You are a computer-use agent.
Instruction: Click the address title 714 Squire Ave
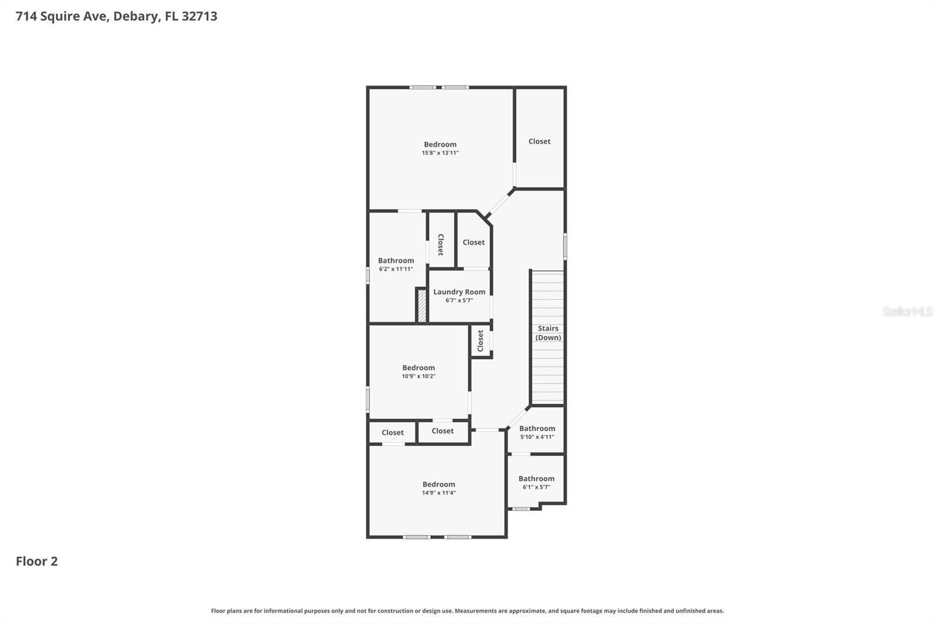pos(116,16)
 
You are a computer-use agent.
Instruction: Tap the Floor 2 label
pos(37,561)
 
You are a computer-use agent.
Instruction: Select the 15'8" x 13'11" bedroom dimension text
pos(440,153)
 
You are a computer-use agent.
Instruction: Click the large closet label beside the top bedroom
pos(539,141)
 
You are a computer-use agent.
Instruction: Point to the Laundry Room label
pos(459,292)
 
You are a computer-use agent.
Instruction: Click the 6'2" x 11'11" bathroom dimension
pos(396,269)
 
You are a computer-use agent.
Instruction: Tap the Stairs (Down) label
pos(548,333)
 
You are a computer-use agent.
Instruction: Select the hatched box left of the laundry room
pos(421,304)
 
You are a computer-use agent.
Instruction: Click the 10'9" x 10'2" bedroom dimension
pos(418,376)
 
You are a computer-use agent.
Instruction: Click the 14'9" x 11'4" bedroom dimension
pos(439,493)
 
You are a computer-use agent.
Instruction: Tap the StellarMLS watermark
pos(907,311)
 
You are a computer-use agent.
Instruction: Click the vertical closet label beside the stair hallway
pos(480,341)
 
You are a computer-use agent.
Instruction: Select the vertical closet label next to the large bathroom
pos(441,245)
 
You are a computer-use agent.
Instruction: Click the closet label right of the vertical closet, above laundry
pos(473,242)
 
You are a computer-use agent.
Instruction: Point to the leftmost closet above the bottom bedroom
pos(393,432)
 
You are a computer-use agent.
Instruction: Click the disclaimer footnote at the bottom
pos(467,611)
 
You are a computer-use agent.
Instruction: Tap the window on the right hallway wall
pos(565,245)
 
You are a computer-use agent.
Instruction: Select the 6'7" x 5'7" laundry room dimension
pos(459,300)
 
